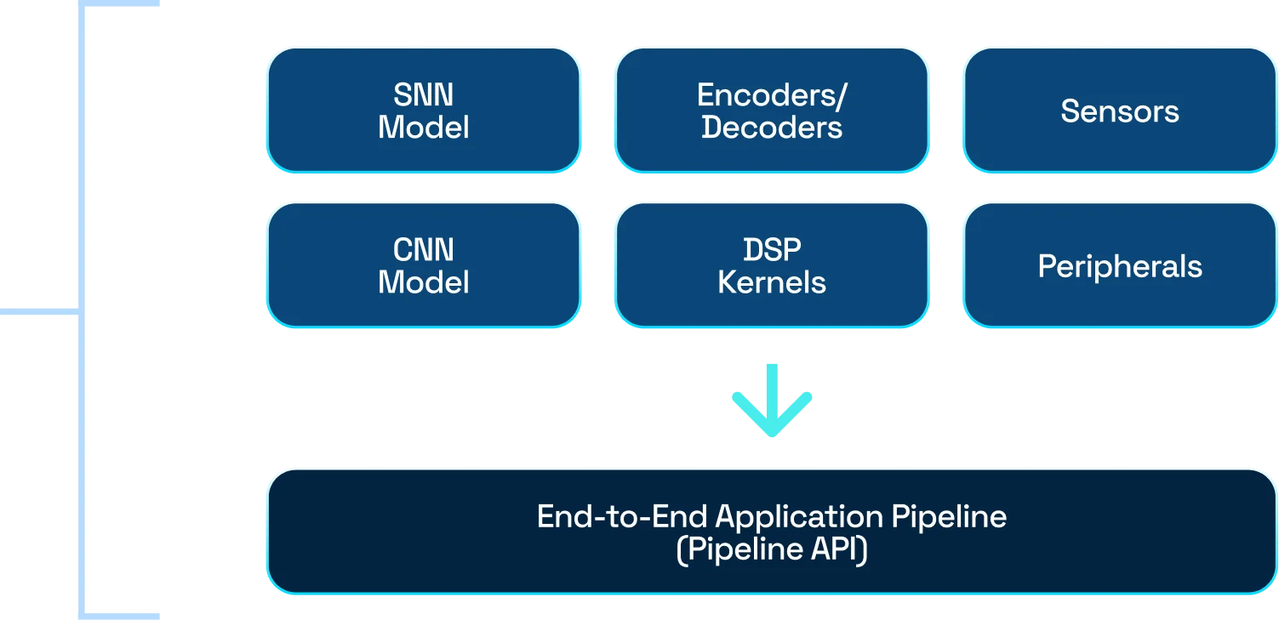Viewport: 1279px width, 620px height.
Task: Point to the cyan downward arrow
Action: tap(772, 401)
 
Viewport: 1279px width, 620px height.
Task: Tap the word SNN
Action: tap(424, 94)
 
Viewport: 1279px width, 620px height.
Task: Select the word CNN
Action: tap(424, 250)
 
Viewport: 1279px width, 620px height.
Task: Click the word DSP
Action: tap(772, 250)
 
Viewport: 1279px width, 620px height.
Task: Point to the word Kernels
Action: tap(772, 282)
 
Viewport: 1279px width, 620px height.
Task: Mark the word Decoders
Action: tap(772, 128)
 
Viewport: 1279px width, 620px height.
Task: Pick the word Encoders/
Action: tap(772, 95)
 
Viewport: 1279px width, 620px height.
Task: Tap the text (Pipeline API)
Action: tap(772, 550)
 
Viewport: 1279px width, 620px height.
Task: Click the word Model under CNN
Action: tap(424, 282)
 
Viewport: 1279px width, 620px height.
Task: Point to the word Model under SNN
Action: tap(424, 128)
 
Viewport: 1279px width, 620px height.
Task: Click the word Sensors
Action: tap(1120, 111)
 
